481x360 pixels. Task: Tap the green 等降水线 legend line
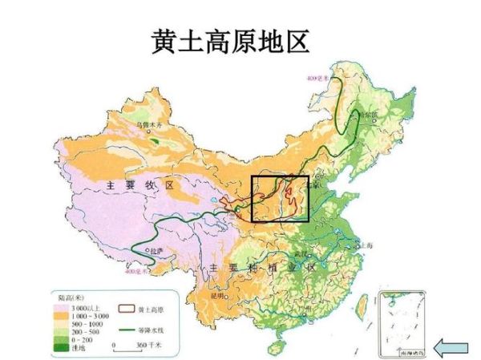coord(125,329)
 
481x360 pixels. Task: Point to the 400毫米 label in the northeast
coord(318,78)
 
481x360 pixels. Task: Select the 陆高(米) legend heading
coord(72,297)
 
